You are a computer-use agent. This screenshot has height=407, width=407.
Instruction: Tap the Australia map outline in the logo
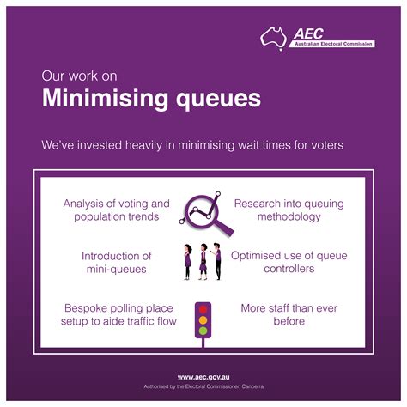click(x=275, y=37)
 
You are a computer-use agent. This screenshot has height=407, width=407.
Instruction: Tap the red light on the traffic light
click(x=203, y=308)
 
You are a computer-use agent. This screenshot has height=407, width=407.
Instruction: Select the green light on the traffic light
click(x=203, y=331)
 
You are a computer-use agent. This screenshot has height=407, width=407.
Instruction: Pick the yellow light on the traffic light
click(x=203, y=319)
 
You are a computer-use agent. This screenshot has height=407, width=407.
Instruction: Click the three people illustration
click(x=203, y=261)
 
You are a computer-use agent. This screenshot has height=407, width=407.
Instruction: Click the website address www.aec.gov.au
click(x=203, y=377)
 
